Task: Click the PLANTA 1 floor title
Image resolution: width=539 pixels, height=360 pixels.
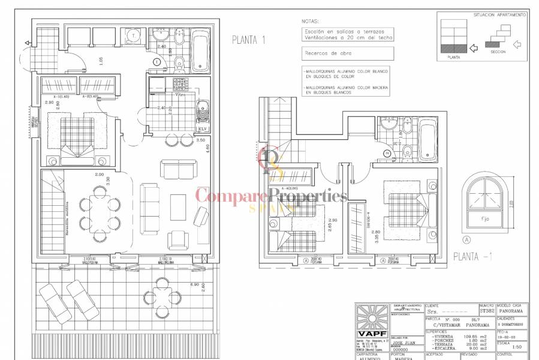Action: pyautogui.click(x=248, y=40)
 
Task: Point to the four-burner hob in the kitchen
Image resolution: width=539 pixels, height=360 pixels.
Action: pyautogui.click(x=180, y=85)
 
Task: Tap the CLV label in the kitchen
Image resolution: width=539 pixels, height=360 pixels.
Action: pyautogui.click(x=203, y=128)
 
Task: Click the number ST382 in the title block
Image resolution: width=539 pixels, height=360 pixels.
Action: pyautogui.click(x=486, y=312)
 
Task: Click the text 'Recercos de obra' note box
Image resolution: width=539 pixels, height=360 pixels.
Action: pyautogui.click(x=348, y=53)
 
